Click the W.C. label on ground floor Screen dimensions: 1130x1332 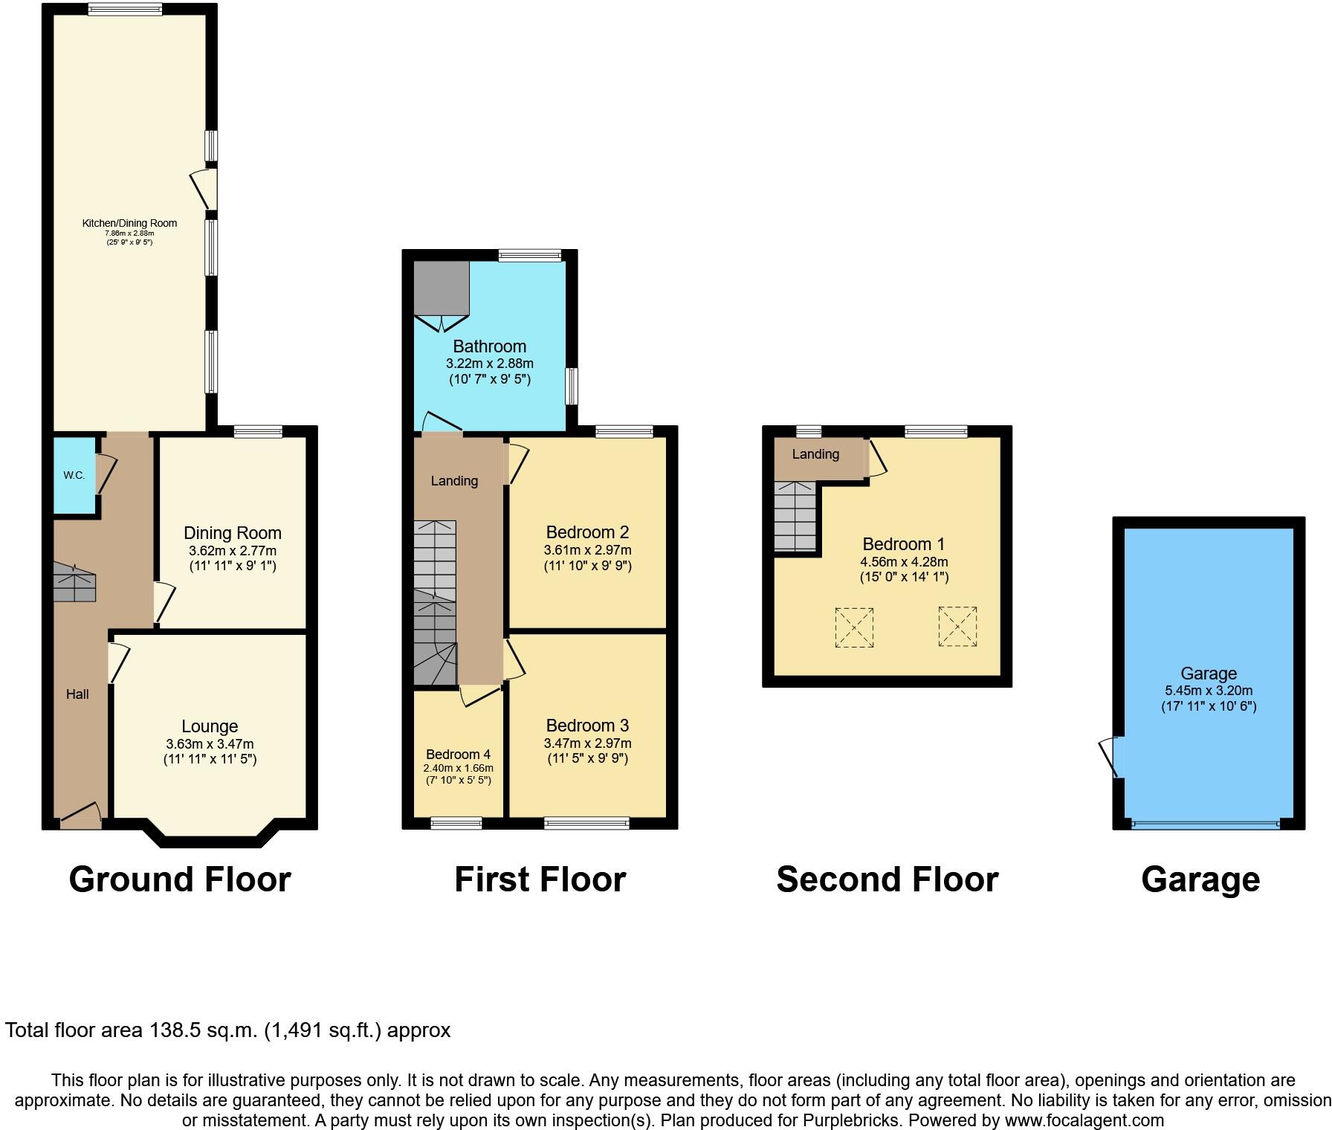tap(74, 475)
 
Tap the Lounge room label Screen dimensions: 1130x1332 tap(210, 726)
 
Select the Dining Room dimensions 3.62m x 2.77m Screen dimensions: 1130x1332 tap(232, 551)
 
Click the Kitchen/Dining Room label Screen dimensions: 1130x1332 tap(129, 223)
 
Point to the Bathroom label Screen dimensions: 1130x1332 tap(489, 346)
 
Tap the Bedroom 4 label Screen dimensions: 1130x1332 tap(458, 755)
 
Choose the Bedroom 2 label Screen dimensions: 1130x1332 tap(587, 532)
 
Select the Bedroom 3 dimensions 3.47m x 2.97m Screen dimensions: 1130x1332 tap(587, 743)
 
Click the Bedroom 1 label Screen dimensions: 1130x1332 tap(903, 544)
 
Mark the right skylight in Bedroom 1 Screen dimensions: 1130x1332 tap(957, 627)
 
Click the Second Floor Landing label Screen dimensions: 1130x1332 tap(815, 454)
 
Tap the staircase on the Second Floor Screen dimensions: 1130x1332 tap(795, 517)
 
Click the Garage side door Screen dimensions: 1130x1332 tap(1111, 757)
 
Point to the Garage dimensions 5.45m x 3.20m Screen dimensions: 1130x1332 tap(1208, 691)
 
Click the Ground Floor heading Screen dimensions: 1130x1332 tap(179, 879)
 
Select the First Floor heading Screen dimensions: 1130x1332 tap(540, 879)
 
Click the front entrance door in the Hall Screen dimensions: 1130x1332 tap(80, 816)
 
